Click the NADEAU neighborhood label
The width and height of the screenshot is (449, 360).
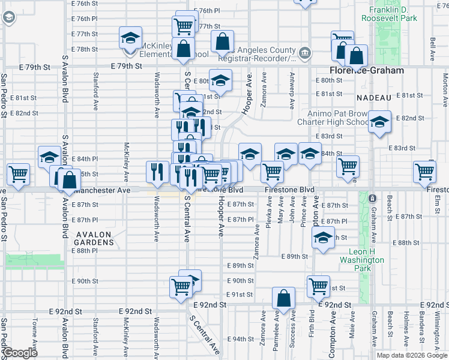(x=373, y=97)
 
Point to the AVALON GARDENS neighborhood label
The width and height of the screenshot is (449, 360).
(x=94, y=237)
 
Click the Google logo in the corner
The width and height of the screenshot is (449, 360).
(x=20, y=353)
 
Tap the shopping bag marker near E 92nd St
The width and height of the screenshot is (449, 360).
(x=283, y=298)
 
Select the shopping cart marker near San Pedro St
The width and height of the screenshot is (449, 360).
(x=18, y=175)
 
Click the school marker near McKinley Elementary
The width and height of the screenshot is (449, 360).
(x=130, y=38)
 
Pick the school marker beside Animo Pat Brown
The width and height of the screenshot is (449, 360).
(x=379, y=122)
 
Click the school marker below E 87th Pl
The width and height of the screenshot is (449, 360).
(x=323, y=238)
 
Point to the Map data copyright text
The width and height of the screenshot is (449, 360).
(x=411, y=355)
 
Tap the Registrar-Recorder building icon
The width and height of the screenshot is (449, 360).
(x=305, y=52)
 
